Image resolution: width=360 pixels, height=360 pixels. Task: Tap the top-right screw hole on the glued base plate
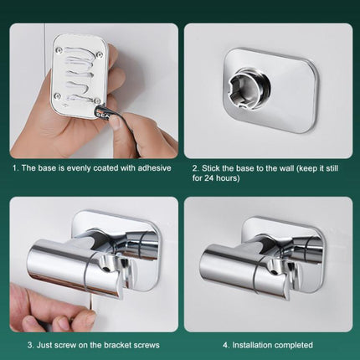[x=100, y=54]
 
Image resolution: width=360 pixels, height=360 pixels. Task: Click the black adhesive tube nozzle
[x=103, y=112]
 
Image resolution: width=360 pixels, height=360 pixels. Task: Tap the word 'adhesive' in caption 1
[x=149, y=167]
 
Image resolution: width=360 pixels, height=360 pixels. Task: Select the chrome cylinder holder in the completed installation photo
[x=237, y=264]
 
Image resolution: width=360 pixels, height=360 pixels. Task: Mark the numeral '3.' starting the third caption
[x=30, y=345]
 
